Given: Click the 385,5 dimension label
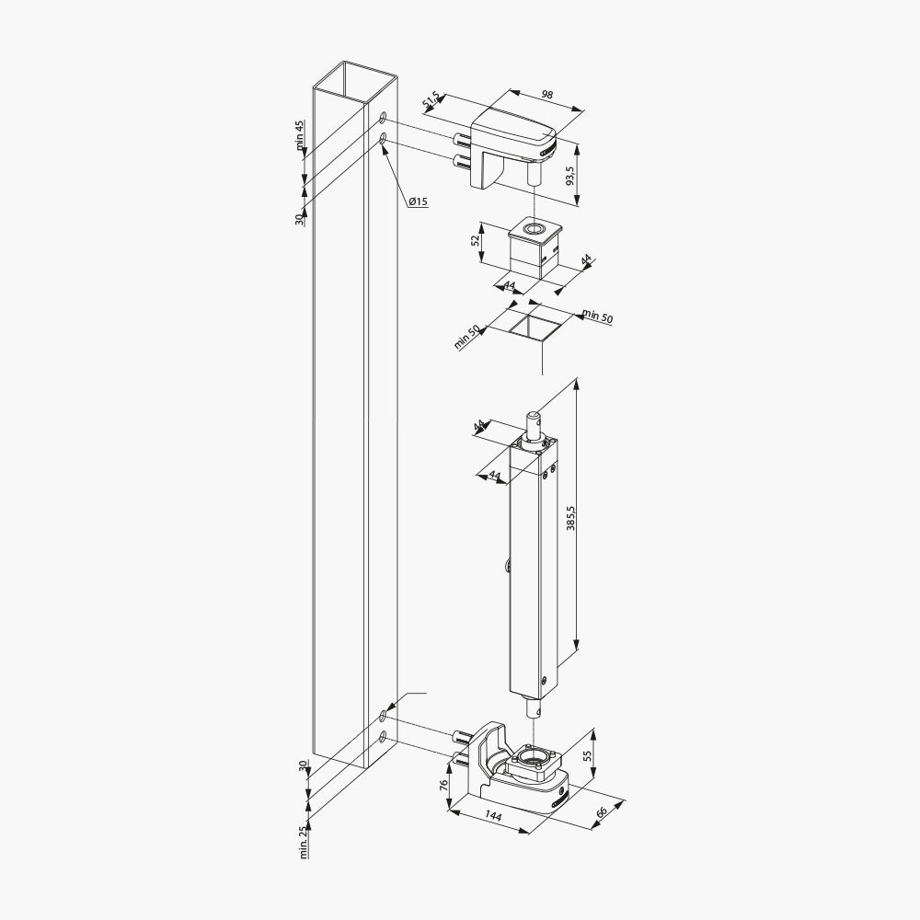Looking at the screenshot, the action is click(570, 517).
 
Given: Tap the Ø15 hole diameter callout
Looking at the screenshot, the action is click(418, 201).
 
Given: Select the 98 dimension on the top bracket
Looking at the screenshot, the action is click(547, 95).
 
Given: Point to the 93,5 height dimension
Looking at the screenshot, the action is click(569, 176).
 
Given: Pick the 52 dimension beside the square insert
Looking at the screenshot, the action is click(477, 241).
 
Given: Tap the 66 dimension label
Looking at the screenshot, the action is click(601, 812).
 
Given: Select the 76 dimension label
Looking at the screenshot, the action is click(444, 785).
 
